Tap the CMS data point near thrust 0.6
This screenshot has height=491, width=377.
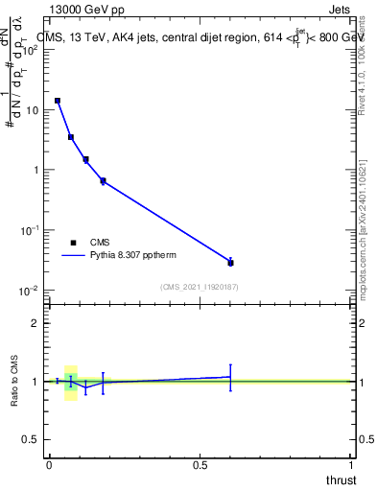pos(230,262)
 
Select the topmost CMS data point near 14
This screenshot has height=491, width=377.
pos(58,101)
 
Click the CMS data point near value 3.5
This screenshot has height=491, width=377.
pos(71,137)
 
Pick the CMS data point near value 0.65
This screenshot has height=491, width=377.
pos(103,180)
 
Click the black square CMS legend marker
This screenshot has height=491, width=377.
pos(74,243)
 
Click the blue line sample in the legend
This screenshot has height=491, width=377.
pos(74,256)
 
